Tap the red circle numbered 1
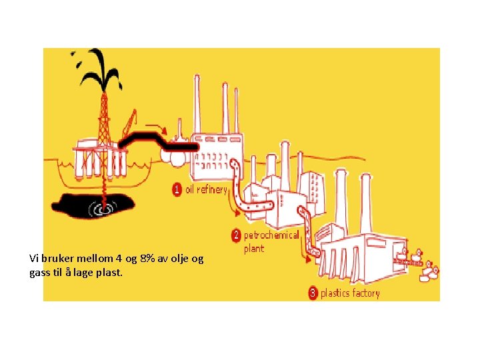point(177,189)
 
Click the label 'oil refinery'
point(206,189)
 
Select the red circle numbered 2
point(236,235)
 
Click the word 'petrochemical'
point(271,235)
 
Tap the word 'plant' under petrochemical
point(254,249)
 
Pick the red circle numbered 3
point(313,293)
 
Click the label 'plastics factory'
point(350,293)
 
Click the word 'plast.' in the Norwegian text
point(109,272)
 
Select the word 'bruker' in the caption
point(57,258)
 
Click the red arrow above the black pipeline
point(158,126)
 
